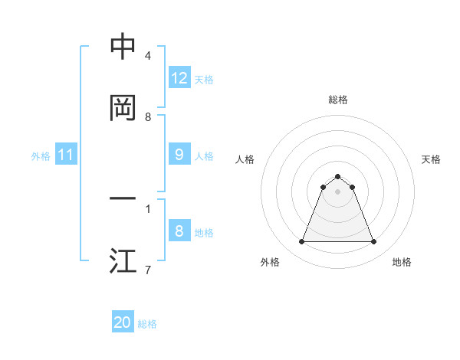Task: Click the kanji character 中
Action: click(123, 47)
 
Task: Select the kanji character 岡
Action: click(123, 108)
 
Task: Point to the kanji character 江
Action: click(123, 261)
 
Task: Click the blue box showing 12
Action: click(179, 78)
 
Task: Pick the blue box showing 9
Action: click(179, 155)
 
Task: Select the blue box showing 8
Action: click(179, 231)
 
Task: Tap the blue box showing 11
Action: click(66, 155)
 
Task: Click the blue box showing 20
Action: click(123, 322)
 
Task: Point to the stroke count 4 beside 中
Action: click(148, 56)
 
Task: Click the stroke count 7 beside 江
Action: click(148, 270)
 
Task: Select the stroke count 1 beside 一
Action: click(148, 208)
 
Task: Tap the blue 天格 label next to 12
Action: click(204, 80)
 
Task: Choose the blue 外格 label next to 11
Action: click(41, 156)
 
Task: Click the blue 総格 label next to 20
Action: click(147, 324)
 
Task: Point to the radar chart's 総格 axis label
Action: click(337, 100)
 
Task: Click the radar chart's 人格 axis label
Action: click(245, 159)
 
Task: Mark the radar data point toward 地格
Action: click(374, 242)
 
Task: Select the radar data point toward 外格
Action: click(301, 242)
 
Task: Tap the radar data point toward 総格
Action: click(337, 176)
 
